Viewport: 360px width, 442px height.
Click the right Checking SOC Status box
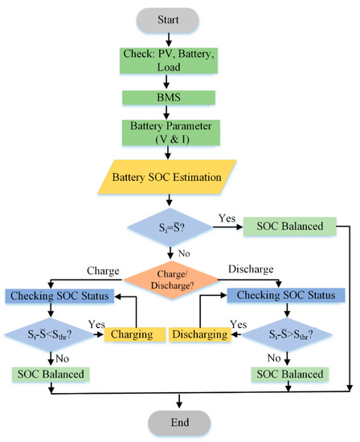click(x=292, y=295)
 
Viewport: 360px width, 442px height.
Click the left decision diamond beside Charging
click(x=51, y=331)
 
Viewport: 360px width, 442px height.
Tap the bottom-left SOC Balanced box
click(x=51, y=374)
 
